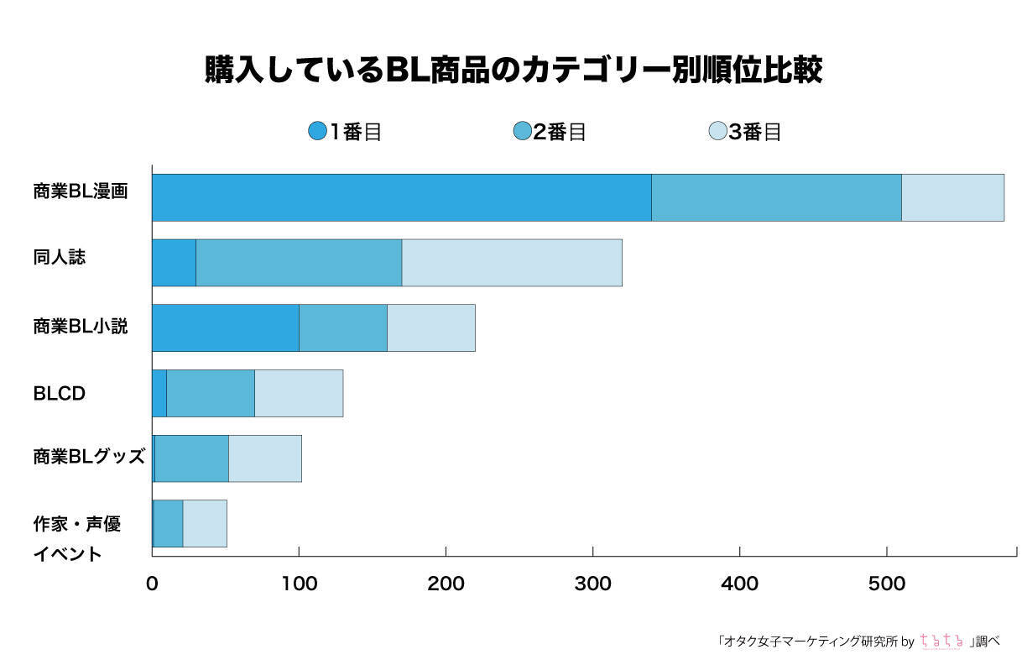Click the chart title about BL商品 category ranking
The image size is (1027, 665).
pos(513,71)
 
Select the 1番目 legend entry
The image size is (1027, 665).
pos(345,132)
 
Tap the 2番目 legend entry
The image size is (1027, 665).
pos(549,132)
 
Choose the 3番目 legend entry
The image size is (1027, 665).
pos(745,132)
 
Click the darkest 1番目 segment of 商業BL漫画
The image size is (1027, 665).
pos(401,198)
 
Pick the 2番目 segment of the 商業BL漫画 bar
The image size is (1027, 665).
pos(776,198)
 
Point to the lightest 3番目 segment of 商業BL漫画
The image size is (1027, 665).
pos(952,198)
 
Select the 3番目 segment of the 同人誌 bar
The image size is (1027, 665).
pos(512,263)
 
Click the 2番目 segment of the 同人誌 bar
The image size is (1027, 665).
pos(299,263)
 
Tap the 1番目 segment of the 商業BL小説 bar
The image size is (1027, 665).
pos(225,328)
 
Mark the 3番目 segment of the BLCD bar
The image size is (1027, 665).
pos(299,393)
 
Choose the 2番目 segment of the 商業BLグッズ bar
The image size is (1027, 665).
pos(191,458)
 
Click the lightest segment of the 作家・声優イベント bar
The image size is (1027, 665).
pos(205,523)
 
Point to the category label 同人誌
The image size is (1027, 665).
pos(60,258)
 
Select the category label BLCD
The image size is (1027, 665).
pos(60,393)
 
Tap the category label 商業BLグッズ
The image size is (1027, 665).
pos(89,457)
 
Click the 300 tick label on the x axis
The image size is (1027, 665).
pos(592,584)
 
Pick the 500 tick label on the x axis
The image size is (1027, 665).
pos(887,584)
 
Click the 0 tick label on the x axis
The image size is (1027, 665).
pos(152,584)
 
